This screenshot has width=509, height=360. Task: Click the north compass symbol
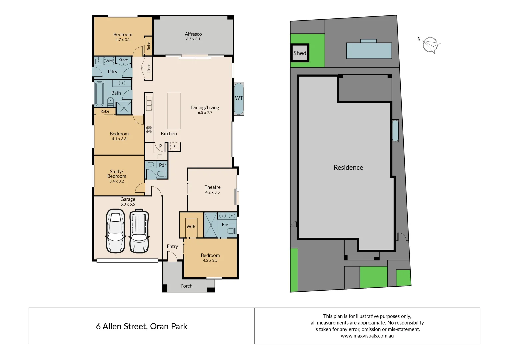point(431,45)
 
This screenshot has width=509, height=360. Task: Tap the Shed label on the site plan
point(300,53)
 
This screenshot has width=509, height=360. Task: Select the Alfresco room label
point(193,34)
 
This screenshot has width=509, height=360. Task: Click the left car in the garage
point(115,231)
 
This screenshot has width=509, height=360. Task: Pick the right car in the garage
point(139,231)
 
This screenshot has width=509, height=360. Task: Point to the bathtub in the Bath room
point(99,93)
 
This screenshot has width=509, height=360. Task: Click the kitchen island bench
point(174,111)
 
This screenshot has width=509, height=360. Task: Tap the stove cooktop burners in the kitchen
point(149,130)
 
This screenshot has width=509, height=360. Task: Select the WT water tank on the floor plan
point(239,98)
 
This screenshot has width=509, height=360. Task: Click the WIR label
point(191,227)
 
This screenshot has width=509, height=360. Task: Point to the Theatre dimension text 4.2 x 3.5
point(212,192)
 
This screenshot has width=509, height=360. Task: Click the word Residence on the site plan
point(348,167)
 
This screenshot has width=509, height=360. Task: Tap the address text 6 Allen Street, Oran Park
point(142,326)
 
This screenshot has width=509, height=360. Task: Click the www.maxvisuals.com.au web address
point(367,336)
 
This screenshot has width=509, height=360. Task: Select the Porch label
point(186,286)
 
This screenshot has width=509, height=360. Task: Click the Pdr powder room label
point(162,165)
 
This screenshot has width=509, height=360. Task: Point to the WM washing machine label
point(109,61)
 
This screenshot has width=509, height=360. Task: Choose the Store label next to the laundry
point(123,60)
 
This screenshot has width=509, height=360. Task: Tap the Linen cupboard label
point(149,68)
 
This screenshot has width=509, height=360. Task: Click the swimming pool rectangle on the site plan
point(369,51)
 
